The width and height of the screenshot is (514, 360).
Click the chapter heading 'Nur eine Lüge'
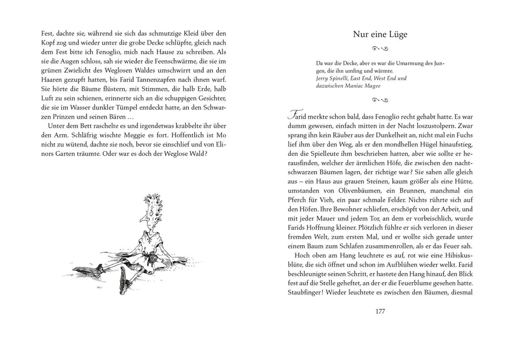click(380, 35)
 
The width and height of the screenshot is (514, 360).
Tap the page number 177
click(380, 312)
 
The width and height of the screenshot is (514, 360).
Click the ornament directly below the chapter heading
click(380, 48)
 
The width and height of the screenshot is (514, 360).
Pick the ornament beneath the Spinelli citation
click(380, 100)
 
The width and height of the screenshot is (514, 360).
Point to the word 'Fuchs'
click(465, 135)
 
